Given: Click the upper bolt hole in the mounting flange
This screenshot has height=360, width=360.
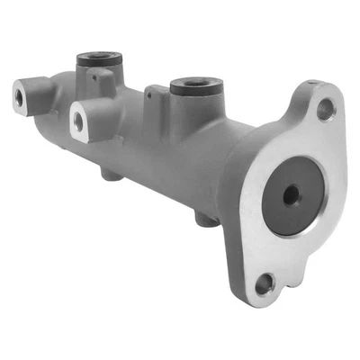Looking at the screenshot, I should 326,109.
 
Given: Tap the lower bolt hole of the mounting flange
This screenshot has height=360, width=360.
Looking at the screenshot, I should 263,286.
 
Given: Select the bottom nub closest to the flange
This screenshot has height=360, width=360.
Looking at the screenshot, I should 206,219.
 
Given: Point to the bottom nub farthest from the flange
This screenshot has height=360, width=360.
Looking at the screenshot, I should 112,173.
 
